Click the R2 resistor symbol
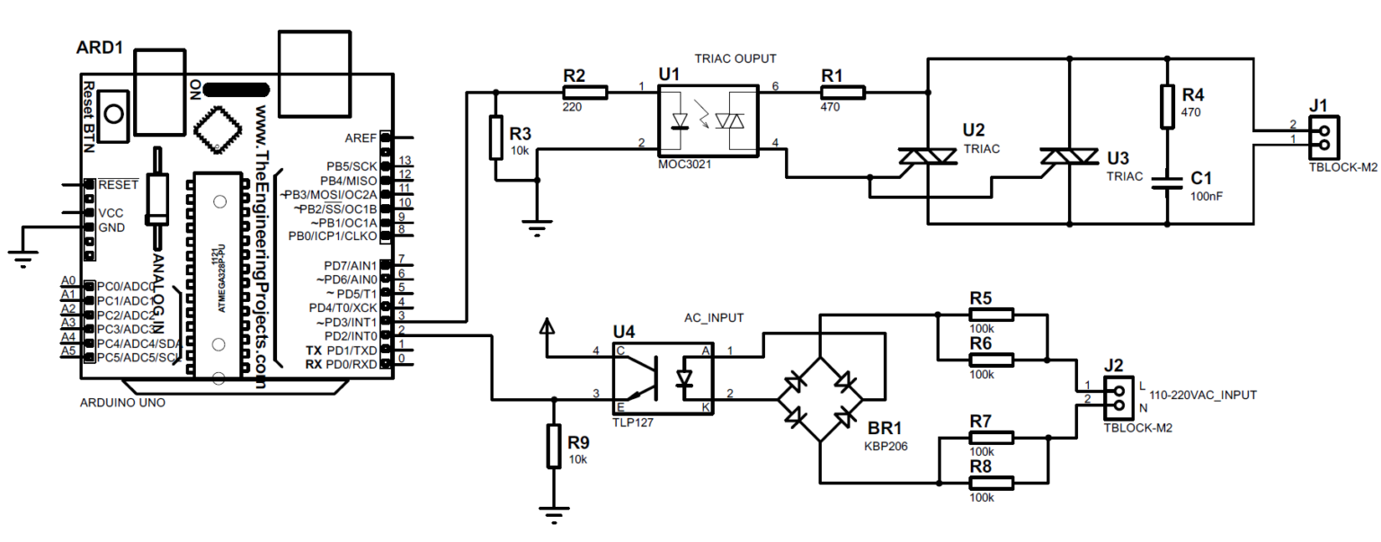pos(584,92)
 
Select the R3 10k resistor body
pos(495,138)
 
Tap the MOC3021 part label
pos(683,165)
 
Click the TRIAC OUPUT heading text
pos(735,58)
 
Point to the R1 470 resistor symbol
pos(842,92)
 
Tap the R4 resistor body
pos(1167,106)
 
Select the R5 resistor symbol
pos(991,315)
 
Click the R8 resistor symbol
pos(991,483)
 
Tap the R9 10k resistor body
pos(555,446)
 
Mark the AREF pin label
pos(361,138)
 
